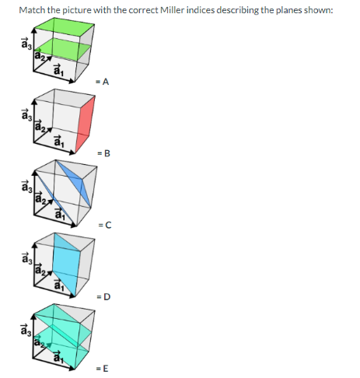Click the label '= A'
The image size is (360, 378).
102,81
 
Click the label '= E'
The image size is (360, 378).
103,368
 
